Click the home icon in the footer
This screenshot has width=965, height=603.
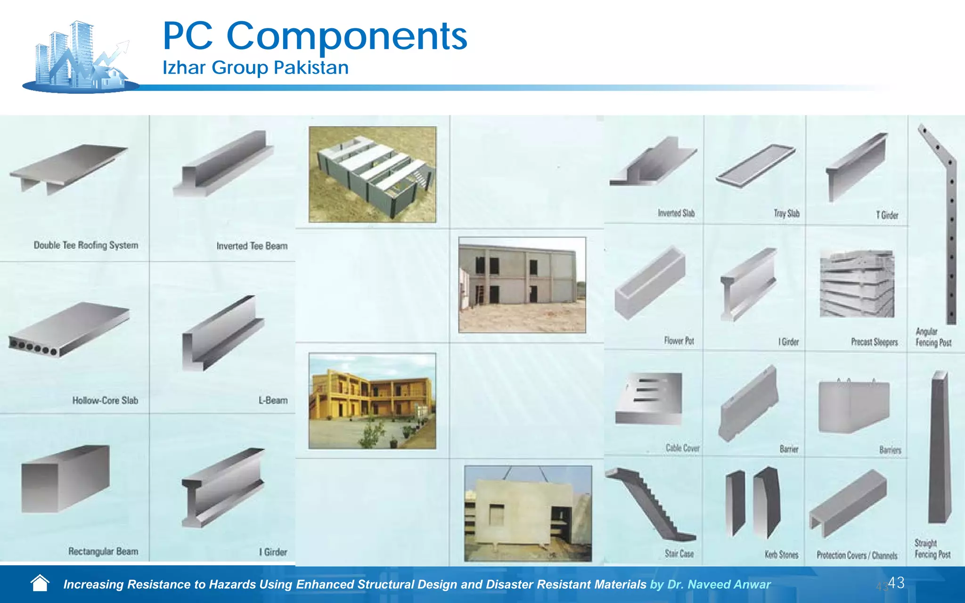coord(40,583)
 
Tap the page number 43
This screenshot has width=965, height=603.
coord(896,583)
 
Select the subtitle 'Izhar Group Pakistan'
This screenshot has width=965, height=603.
coord(255,68)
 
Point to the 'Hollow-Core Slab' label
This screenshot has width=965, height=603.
coord(105,400)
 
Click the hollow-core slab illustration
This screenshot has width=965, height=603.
coord(69,330)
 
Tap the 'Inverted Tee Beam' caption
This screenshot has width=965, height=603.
coord(252,246)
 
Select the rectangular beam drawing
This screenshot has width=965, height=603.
coord(65,479)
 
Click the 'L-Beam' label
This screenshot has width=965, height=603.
coord(273,400)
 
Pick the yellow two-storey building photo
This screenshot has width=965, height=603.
coord(372,401)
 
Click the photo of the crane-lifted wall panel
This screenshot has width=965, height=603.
coord(528,513)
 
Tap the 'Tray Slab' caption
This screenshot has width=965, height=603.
coord(786,213)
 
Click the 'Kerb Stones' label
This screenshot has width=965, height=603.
coord(781,555)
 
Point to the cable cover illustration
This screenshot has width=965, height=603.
coord(649,399)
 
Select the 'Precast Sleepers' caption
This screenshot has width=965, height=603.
coord(874,342)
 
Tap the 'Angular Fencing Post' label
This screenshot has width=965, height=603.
coord(933,337)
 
